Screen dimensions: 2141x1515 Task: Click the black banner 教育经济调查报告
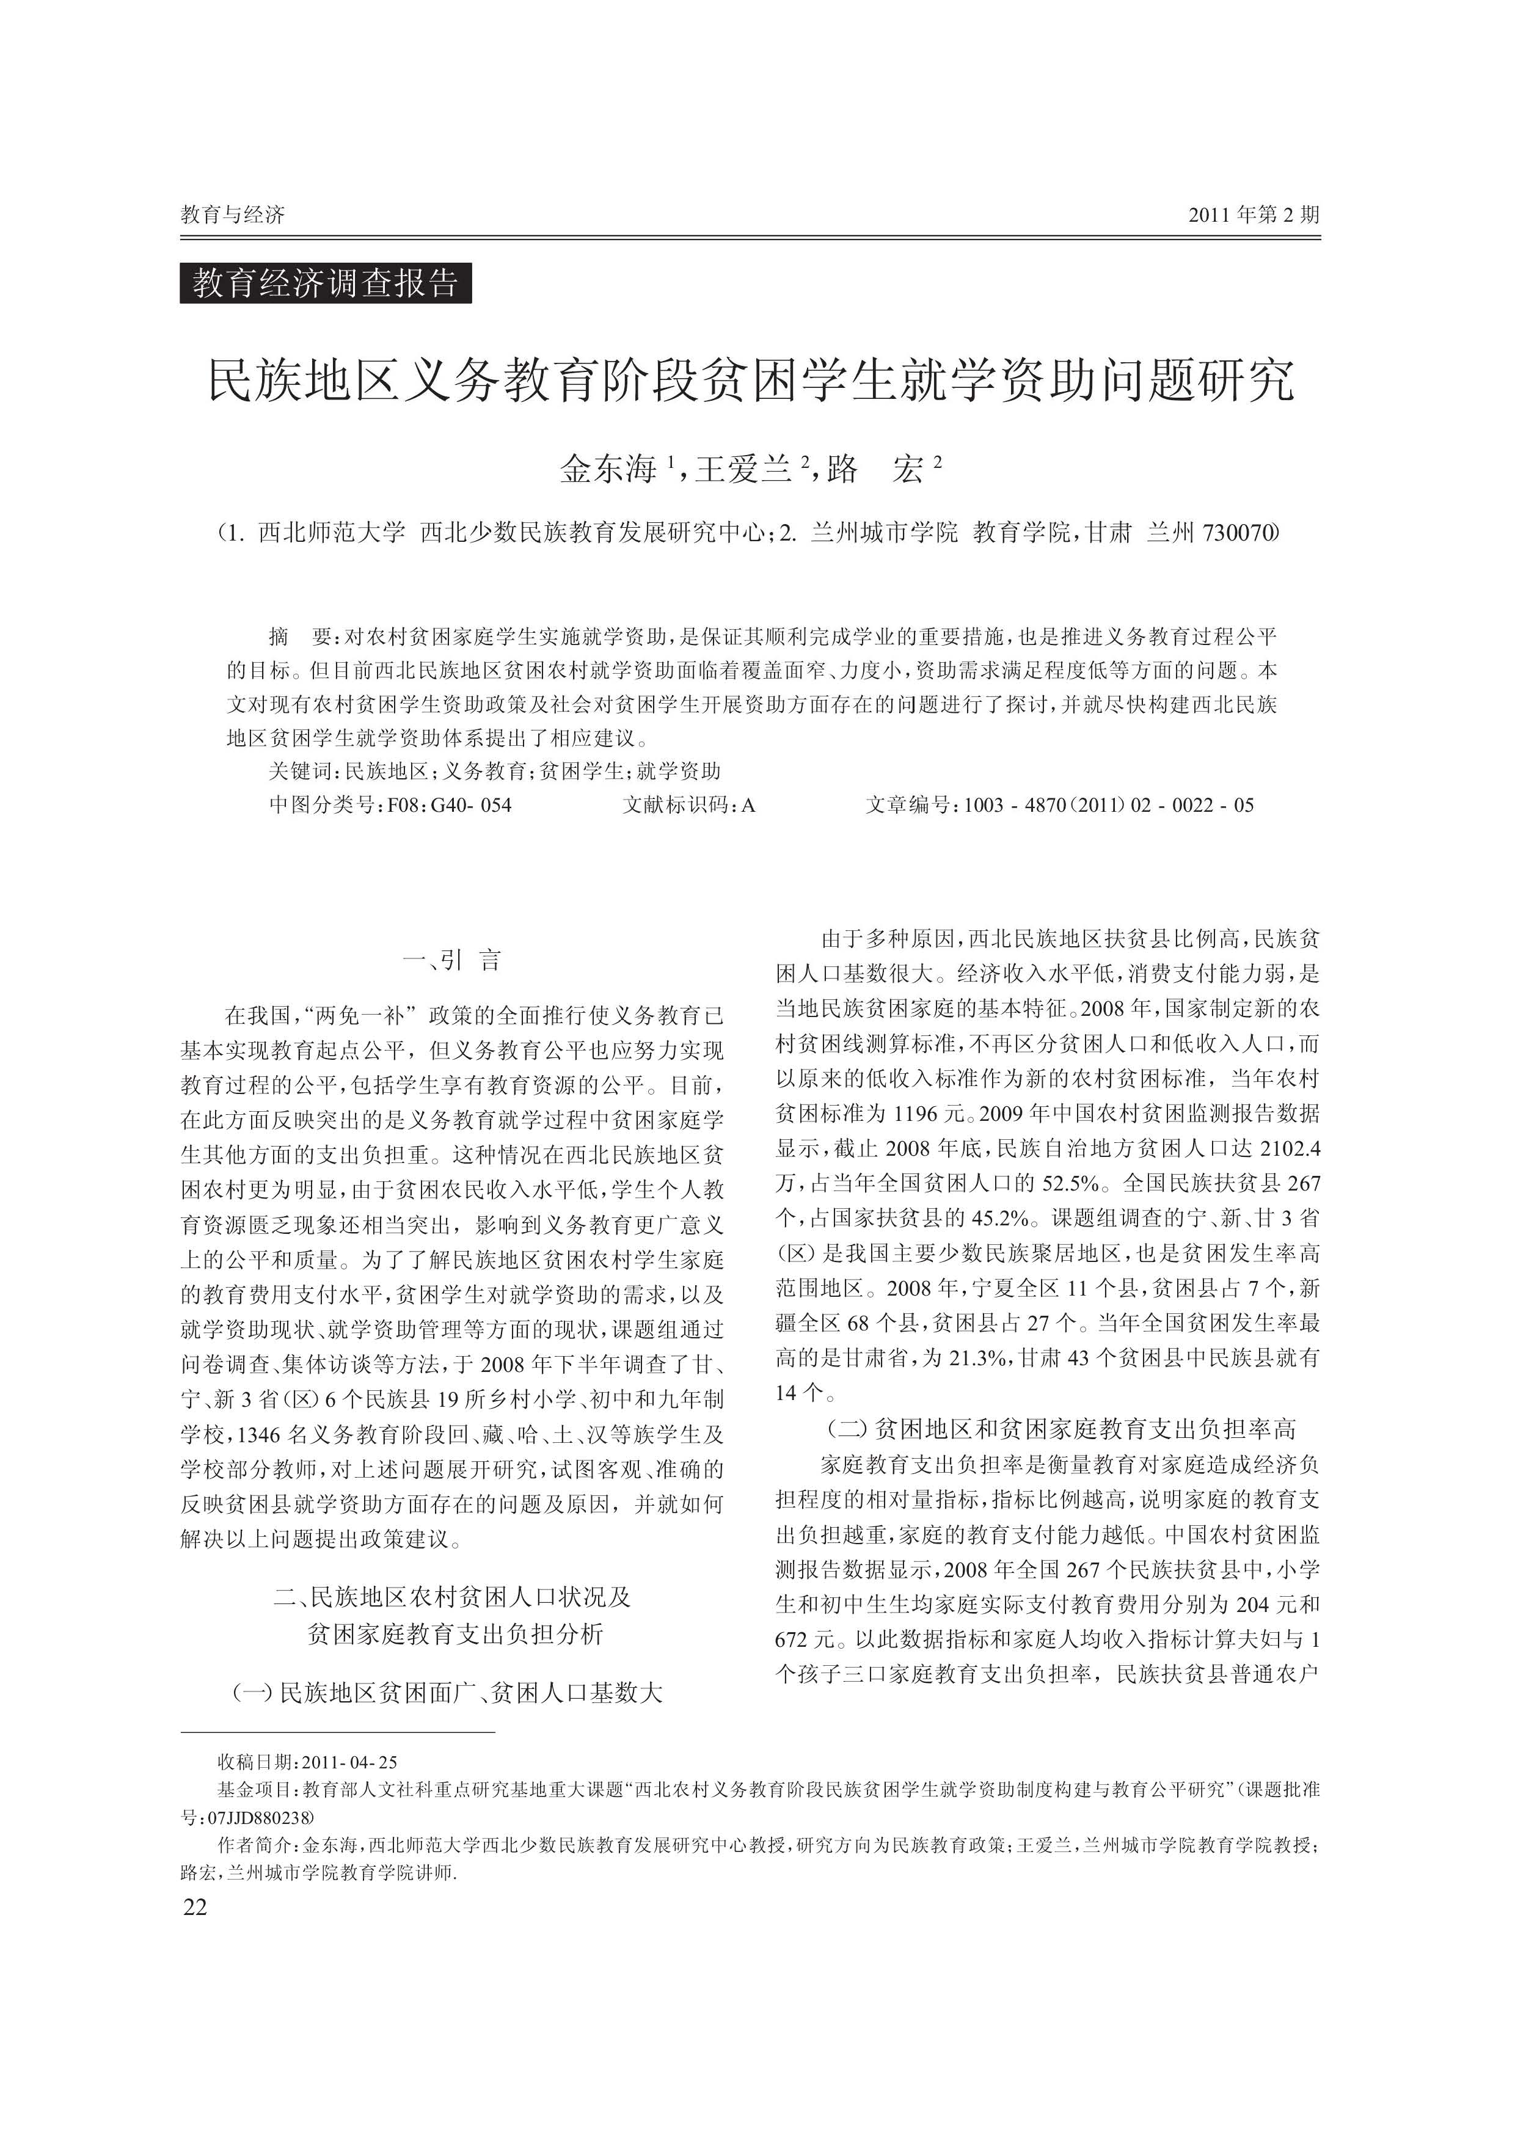coord(326,283)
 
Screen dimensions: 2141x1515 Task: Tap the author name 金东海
coord(608,469)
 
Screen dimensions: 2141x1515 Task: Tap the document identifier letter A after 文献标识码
coord(748,805)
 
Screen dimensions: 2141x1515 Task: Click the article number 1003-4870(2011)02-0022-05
coord(1109,805)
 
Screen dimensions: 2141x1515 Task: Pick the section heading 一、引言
coord(451,961)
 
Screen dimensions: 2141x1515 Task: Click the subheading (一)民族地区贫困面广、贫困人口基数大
coord(448,1692)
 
